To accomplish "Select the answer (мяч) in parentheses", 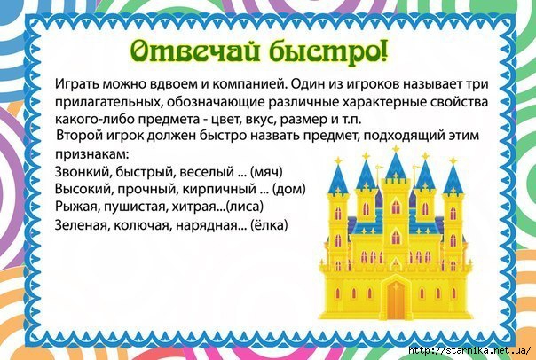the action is (x=266, y=172).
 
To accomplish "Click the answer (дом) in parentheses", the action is (x=288, y=190).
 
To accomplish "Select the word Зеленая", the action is (x=81, y=225).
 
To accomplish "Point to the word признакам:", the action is (x=91, y=154).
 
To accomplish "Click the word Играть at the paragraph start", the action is (x=77, y=84).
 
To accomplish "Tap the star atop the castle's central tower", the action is (x=396, y=149).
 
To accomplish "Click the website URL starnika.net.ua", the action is (x=469, y=351).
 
